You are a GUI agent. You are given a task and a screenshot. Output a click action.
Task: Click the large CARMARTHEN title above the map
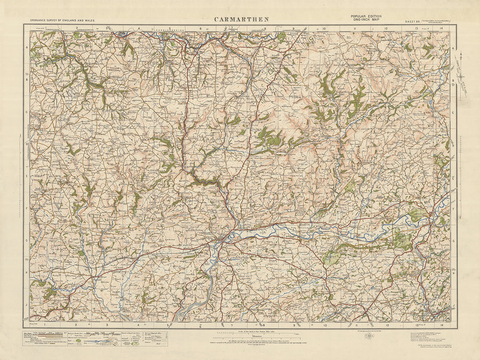pos(242,19)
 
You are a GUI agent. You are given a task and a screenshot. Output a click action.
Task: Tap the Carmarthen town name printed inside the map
pos(211,233)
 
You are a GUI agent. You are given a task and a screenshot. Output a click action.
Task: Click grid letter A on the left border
pos(27,47)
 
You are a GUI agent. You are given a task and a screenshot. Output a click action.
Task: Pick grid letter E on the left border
pos(27,175)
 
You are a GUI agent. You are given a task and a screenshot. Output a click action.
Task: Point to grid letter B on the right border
pos(453,81)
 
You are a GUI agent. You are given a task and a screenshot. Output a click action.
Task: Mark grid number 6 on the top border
pos(201,28)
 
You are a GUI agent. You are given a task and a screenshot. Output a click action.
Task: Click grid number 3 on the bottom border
pos(107,324)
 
